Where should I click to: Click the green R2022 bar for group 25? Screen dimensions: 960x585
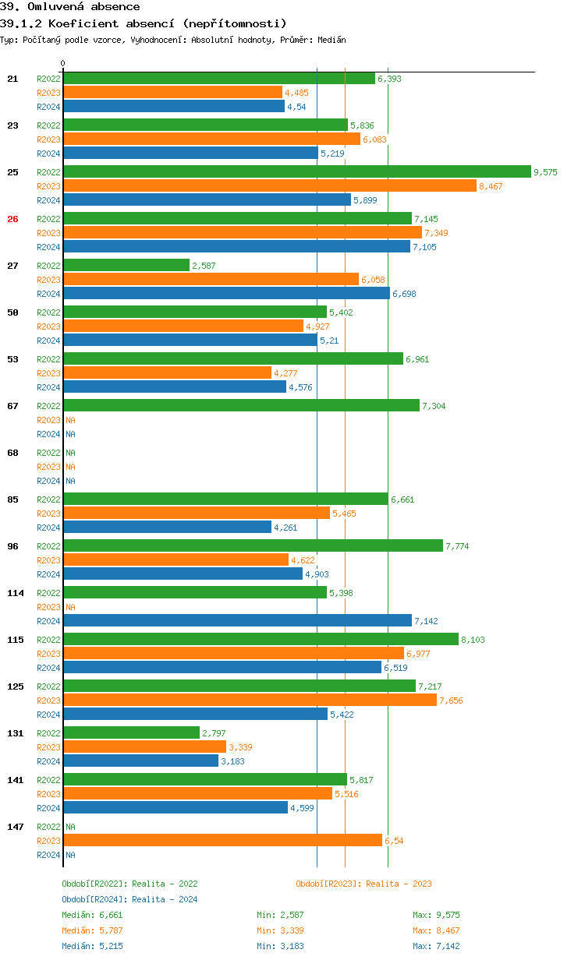pos(296,171)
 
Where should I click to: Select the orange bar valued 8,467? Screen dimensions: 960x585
pos(269,185)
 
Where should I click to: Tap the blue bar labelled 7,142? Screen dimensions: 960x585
pos(237,620)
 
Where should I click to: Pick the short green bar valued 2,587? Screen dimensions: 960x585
pos(126,265)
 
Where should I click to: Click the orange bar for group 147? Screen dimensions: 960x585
pos(222,840)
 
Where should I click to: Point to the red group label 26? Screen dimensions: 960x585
pos(12,219)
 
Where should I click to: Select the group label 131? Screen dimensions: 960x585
pos(15,733)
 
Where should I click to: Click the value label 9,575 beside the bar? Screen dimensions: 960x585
pos(545,172)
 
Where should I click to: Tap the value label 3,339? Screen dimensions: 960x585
pos(240,747)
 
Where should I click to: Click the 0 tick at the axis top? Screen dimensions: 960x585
pos(63,63)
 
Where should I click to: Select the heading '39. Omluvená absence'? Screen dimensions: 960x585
pos(70,7)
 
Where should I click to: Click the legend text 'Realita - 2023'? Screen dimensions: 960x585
pos(399,884)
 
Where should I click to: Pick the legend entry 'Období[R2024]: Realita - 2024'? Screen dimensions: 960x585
pos(129,899)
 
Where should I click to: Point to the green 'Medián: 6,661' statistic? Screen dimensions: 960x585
pos(92,915)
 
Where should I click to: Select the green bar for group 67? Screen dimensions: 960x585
pos(241,405)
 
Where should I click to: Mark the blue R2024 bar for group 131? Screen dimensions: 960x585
pos(140,761)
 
